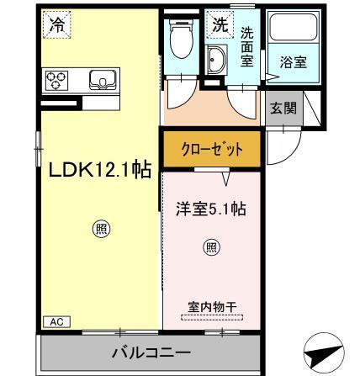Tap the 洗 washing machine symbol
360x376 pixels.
coord(219,25)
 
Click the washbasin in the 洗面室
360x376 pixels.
coord(217,61)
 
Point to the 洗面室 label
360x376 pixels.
coord(247,47)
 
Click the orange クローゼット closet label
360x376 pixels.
coord(211,150)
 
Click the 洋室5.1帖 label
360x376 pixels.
coord(211,207)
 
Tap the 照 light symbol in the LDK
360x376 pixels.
coord(99,226)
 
